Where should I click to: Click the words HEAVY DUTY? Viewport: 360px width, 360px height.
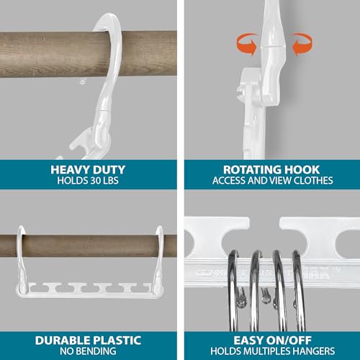[88, 170]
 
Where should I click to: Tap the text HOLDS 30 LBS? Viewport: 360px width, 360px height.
[88, 181]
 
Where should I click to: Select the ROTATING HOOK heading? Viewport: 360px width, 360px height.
[271, 170]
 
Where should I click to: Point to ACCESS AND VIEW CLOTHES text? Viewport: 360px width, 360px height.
[273, 181]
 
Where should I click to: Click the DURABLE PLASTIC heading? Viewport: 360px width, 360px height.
[88, 341]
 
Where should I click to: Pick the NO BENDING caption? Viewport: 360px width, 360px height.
[88, 351]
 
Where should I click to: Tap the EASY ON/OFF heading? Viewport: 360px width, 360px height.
[272, 341]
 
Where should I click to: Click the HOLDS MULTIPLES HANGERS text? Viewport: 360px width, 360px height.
[273, 351]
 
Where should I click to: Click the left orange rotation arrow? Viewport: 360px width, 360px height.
[247, 45]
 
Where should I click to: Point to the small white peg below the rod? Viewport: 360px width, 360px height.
[83, 82]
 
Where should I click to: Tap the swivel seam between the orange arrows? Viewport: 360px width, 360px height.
[272, 45]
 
